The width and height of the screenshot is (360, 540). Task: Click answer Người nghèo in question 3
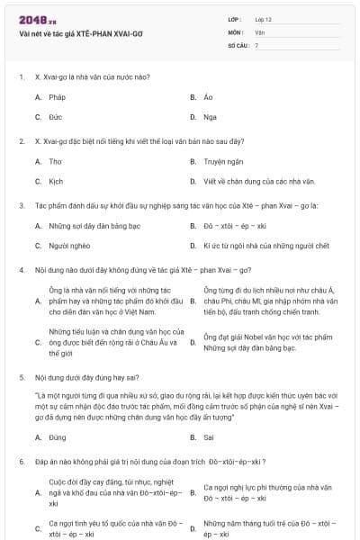click(x=71, y=246)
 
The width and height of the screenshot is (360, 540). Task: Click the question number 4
click(x=21, y=270)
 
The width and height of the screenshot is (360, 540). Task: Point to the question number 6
click(x=21, y=461)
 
